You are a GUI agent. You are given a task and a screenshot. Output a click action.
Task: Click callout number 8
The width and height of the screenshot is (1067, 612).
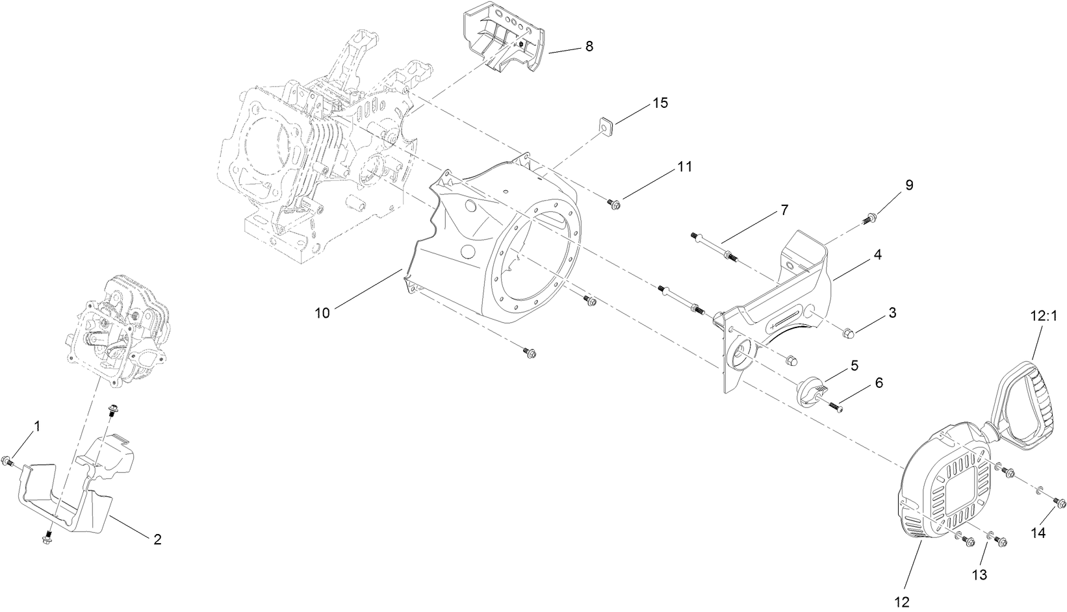pyautogui.click(x=589, y=46)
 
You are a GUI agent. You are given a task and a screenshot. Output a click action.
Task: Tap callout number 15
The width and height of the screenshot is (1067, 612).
pyautogui.click(x=660, y=103)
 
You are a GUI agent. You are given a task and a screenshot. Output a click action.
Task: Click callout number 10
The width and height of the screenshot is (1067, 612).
pyautogui.click(x=322, y=313)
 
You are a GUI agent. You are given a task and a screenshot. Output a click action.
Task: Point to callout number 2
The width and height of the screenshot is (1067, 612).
pyautogui.click(x=157, y=539)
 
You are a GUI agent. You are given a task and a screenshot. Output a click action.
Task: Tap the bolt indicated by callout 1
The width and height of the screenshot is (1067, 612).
pyautogui.click(x=8, y=462)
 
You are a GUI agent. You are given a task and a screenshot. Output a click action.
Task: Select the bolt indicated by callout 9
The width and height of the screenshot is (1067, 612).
pyautogui.click(x=869, y=219)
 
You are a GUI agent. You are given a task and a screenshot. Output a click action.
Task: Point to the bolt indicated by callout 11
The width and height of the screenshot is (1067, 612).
pyautogui.click(x=615, y=205)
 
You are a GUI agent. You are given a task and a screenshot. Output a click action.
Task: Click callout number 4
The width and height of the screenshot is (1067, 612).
pyautogui.click(x=877, y=255)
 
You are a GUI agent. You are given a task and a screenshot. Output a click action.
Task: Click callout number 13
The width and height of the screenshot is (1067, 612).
pyautogui.click(x=979, y=574)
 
